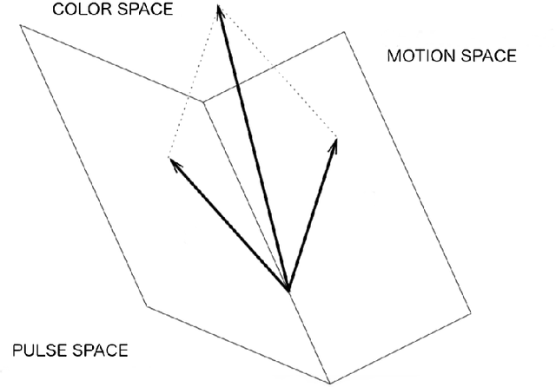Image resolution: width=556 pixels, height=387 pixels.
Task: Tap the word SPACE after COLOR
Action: [138, 10]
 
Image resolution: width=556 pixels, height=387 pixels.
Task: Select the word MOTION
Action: [420, 56]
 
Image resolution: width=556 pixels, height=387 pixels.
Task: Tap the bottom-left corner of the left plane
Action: [146, 305]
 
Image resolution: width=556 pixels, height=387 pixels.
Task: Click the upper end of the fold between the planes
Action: [203, 102]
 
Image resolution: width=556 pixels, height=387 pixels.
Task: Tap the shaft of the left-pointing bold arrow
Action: [230, 226]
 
